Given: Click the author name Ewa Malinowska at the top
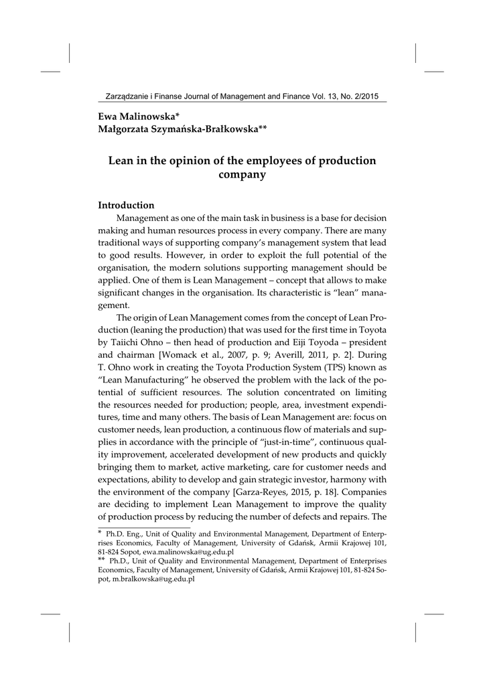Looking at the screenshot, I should [x=137, y=116].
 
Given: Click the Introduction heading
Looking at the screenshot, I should [x=126, y=205].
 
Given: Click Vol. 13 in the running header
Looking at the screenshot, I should [x=326, y=96].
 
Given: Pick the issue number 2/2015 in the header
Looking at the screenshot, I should [x=361, y=96].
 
